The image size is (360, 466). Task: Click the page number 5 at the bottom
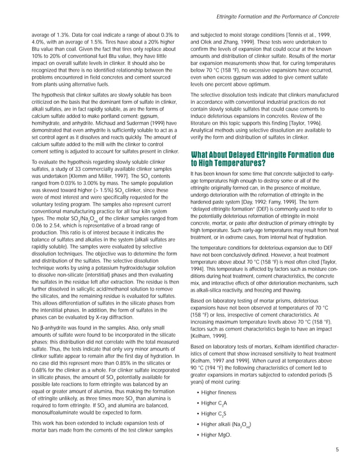coord(337,450)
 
